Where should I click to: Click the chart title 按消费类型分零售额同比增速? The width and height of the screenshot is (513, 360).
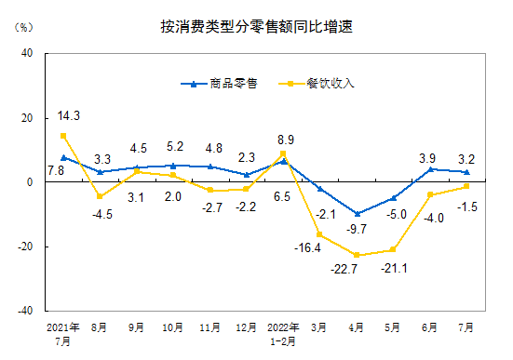point(256,27)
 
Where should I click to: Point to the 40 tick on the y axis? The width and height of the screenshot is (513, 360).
point(28,54)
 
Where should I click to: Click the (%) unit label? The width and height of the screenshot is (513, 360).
point(22,26)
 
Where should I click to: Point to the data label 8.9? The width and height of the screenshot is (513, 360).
point(286,140)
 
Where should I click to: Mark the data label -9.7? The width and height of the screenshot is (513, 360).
point(356,229)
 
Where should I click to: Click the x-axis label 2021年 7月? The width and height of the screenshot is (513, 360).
point(63,333)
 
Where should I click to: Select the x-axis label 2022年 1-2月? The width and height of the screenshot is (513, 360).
point(283,333)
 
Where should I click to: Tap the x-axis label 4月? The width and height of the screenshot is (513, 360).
point(357,327)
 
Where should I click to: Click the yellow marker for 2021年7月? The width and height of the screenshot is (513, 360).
point(63,136)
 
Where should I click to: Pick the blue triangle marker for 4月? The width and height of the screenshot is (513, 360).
point(357,214)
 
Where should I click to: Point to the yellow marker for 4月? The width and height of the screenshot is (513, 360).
point(357,255)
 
